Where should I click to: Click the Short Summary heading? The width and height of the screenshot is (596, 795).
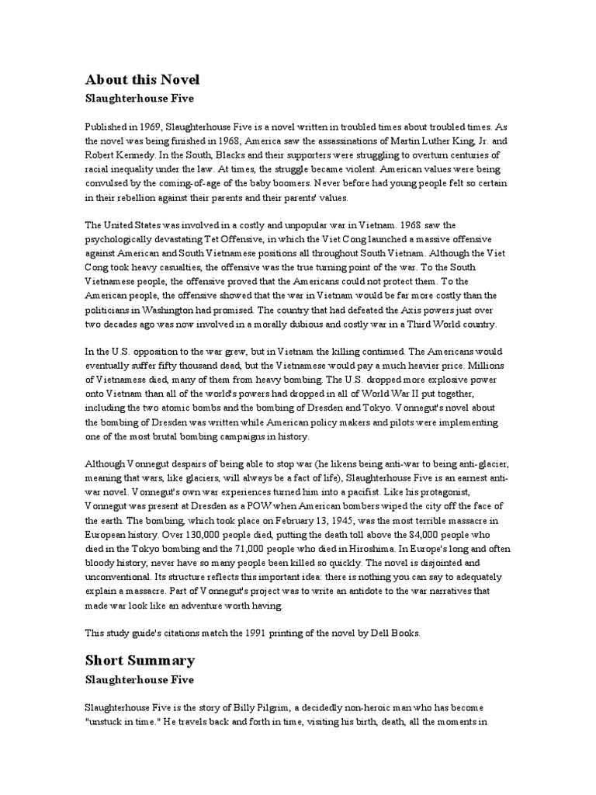click(x=140, y=661)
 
